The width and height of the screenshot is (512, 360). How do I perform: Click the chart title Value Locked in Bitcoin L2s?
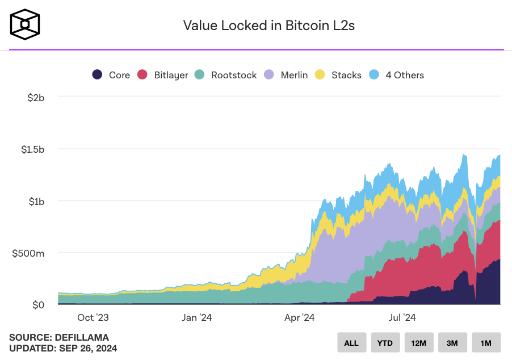point(268,26)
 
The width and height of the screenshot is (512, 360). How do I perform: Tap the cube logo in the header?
point(25,24)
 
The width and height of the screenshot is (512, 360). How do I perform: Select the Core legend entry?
point(111,75)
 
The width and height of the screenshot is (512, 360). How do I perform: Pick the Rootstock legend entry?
point(226,75)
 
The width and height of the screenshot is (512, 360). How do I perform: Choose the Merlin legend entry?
point(287,75)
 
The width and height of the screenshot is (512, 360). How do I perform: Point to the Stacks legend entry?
point(339,75)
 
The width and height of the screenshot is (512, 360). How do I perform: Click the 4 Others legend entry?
point(397,75)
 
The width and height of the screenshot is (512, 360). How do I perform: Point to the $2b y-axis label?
point(36,98)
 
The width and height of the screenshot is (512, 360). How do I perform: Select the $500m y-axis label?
point(28,253)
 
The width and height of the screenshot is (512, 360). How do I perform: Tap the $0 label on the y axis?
point(37,305)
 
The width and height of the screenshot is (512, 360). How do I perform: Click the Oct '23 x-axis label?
point(93,317)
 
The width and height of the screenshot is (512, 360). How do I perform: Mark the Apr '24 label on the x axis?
point(299,317)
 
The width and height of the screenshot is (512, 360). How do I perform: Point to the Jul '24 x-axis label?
point(402,317)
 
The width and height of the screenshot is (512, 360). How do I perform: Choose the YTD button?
point(385,342)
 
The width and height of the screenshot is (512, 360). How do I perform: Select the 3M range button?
point(452,342)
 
